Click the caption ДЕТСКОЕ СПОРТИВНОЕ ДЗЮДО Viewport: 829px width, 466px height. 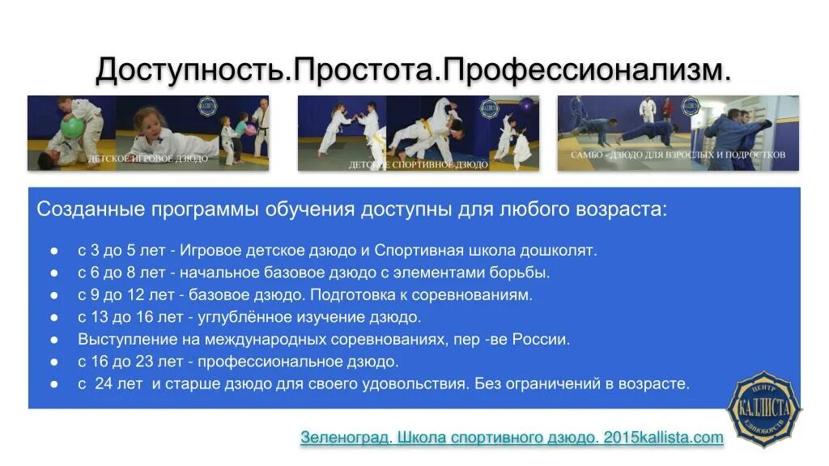coord(418,164)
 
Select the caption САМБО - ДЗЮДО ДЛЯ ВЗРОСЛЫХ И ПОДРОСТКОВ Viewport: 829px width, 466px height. coord(678,154)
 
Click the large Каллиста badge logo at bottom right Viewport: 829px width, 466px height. coord(762,409)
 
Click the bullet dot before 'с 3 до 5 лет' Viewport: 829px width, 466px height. coord(53,251)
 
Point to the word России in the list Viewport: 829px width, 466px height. coord(545,340)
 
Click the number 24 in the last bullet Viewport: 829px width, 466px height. coord(103,383)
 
